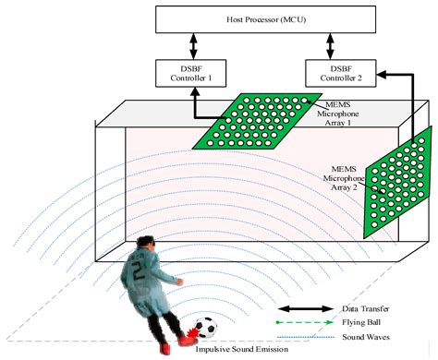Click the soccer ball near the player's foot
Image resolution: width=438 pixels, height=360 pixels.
208,329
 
